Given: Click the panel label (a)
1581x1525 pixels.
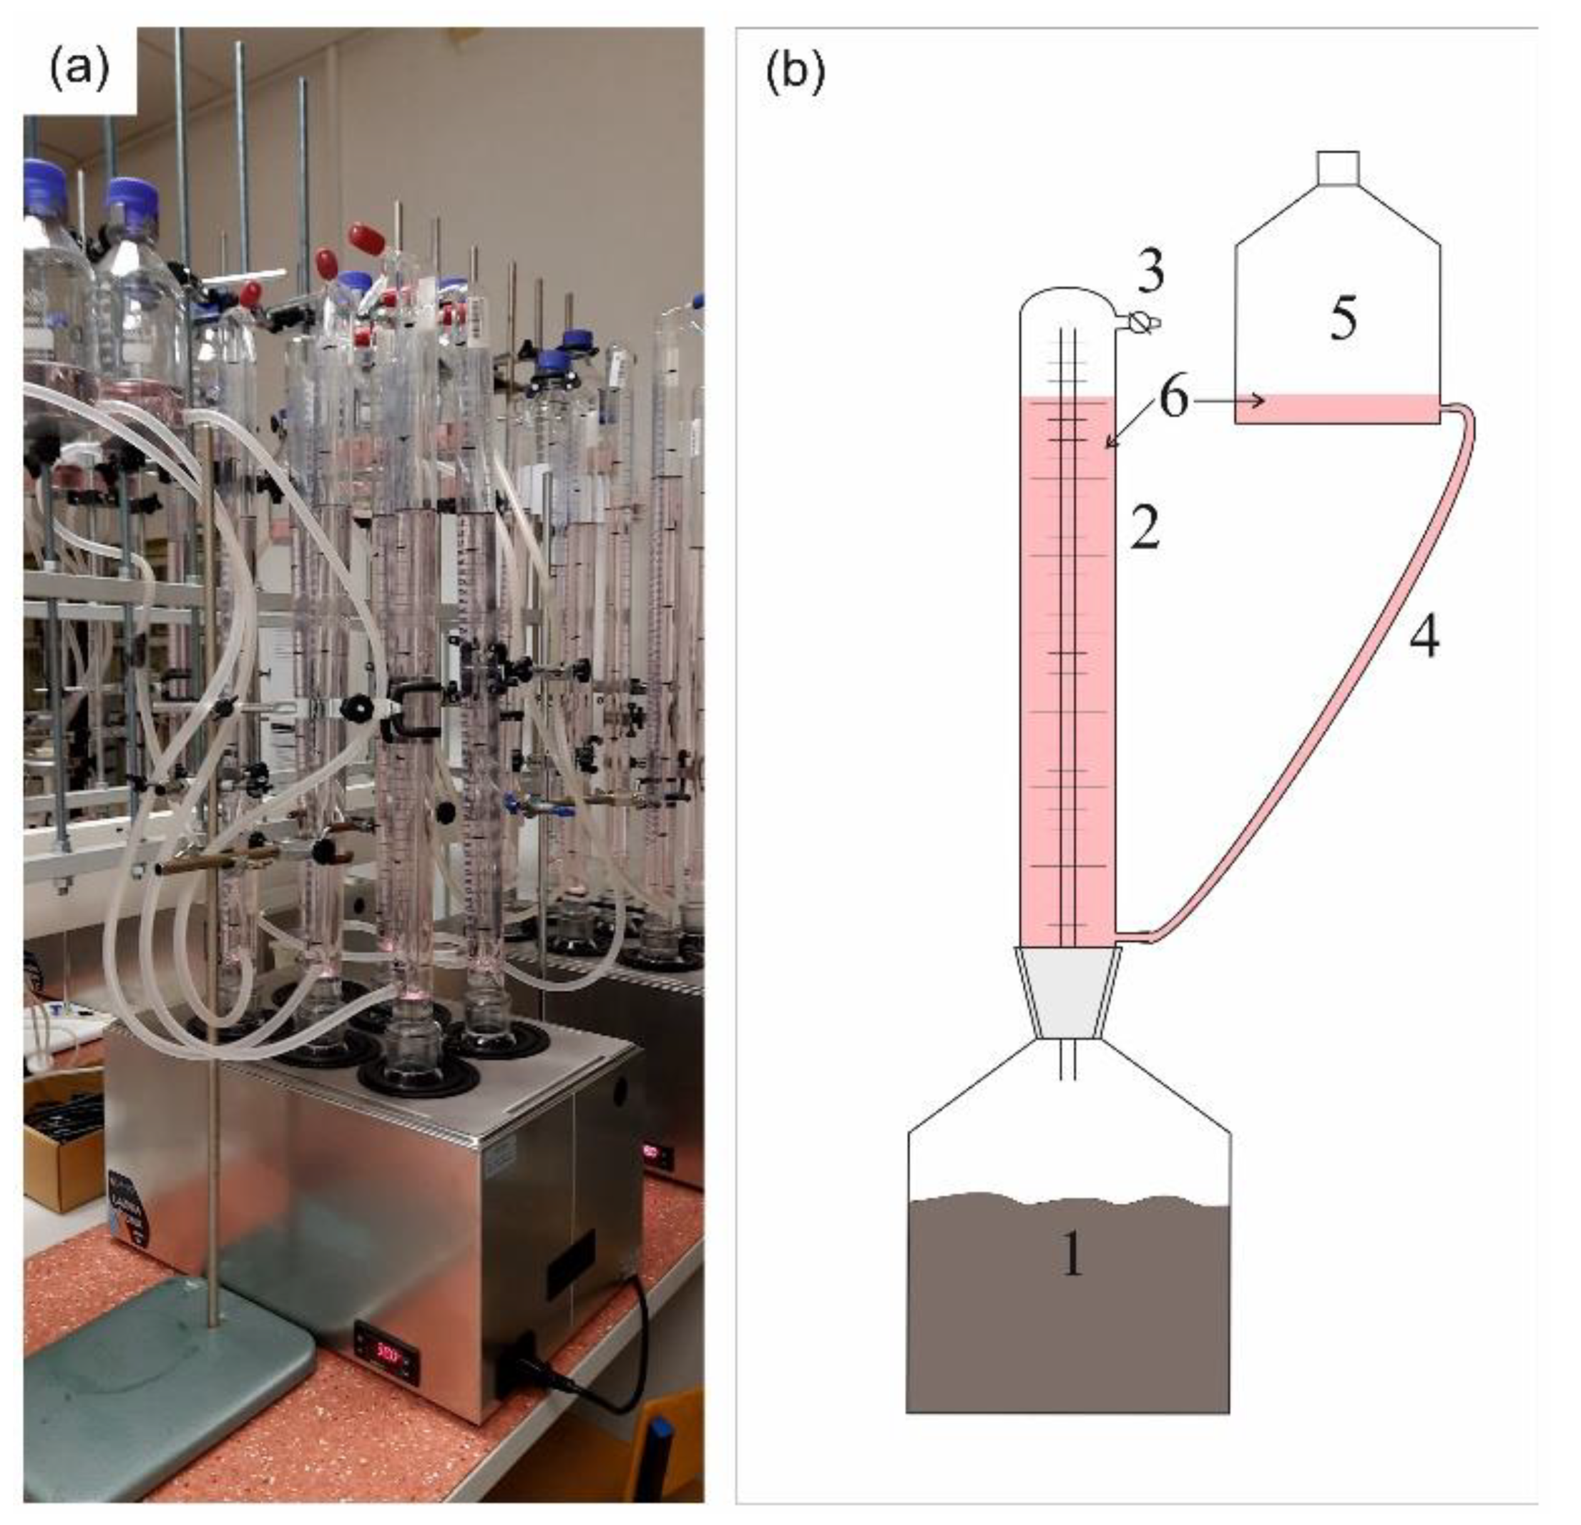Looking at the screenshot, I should (x=79, y=70).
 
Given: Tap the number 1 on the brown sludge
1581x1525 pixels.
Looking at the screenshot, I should (x=1071, y=1254).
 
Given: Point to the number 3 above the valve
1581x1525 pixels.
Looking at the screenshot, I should (x=1151, y=273).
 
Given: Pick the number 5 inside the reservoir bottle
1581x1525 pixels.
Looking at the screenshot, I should (x=1343, y=318).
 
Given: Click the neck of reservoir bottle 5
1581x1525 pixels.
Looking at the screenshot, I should (x=1337, y=168).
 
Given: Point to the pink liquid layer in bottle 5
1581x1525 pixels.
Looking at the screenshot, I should (x=1337, y=409).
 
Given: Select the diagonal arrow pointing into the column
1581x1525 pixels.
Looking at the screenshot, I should (x=1125, y=428).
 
